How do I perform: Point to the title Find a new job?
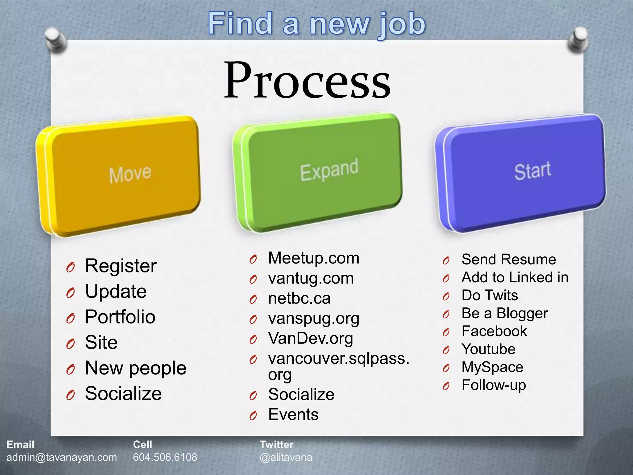[x=316, y=24]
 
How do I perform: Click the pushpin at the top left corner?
[x=56, y=39]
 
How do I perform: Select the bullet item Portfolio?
[x=120, y=317]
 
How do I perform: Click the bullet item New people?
[x=135, y=368]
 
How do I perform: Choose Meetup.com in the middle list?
[x=313, y=258]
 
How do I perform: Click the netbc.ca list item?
[x=299, y=298]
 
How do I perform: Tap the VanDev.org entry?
[x=310, y=338]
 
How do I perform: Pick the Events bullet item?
[x=293, y=414]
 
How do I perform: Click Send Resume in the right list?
[x=508, y=259]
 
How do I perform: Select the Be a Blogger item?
[x=504, y=314]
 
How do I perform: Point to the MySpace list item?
[x=492, y=367]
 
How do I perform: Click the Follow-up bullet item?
[x=494, y=385]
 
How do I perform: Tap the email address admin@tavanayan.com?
[x=62, y=457]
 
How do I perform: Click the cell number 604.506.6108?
[x=165, y=457]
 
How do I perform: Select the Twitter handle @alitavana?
[x=286, y=457]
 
